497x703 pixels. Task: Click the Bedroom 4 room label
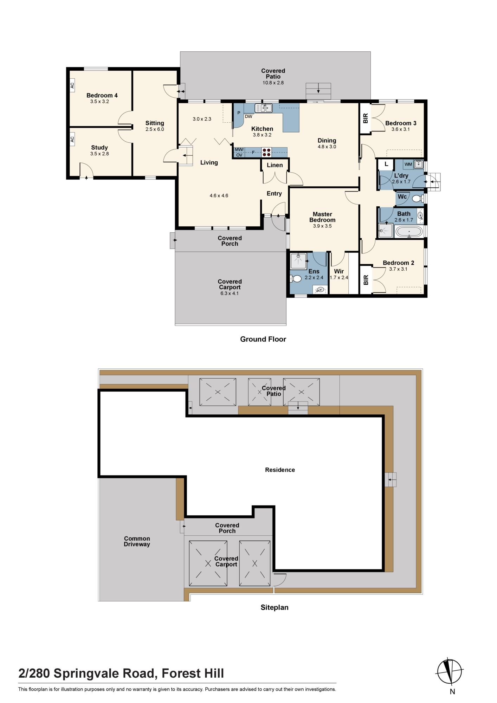click(102, 95)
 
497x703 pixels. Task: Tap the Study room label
click(99, 148)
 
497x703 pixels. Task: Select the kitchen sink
click(264, 108)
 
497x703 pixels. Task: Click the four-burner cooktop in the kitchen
click(267, 152)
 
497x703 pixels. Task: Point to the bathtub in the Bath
click(409, 232)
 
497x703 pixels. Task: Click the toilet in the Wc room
click(417, 199)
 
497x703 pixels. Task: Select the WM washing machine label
click(408, 164)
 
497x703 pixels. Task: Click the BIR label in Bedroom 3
click(366, 118)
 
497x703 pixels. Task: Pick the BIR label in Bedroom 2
click(366, 280)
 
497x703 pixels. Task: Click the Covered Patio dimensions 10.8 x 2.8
click(273, 83)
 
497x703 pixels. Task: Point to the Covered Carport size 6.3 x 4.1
click(230, 294)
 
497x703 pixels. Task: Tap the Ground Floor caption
click(263, 339)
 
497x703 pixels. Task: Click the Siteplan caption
click(275, 607)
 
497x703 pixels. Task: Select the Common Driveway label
click(137, 541)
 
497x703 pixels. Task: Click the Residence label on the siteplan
click(280, 470)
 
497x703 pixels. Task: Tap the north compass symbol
click(450, 671)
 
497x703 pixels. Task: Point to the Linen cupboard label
click(275, 165)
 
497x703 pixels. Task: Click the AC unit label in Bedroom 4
click(72, 85)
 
